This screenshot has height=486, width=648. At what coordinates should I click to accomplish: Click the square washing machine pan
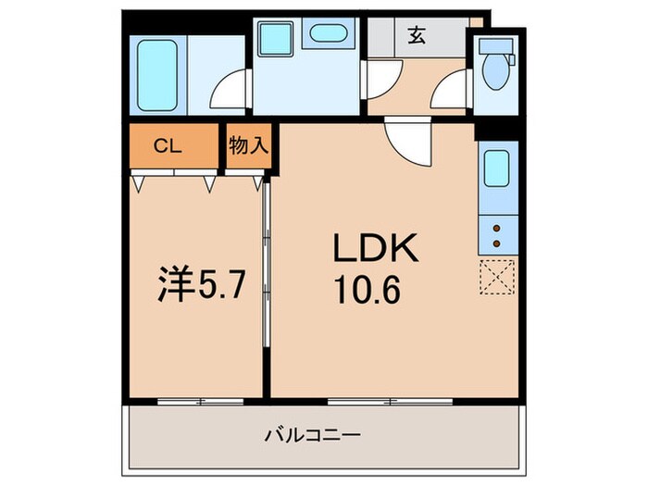pos(275,39)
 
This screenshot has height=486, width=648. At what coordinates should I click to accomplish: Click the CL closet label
pos(168,144)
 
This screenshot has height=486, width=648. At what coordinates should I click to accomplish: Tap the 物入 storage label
pos(248,144)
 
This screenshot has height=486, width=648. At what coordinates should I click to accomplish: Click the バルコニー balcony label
pos(312,434)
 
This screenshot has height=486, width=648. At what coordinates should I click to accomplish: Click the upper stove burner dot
pos(497,227)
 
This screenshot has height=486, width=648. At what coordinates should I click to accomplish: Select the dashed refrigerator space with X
pos(497,276)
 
